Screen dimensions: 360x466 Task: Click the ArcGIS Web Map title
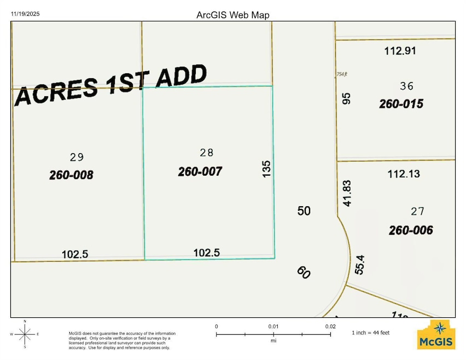point(233,15)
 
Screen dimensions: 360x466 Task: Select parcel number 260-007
point(200,172)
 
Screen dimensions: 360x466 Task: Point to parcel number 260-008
point(71,175)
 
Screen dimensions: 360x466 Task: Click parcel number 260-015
point(401,103)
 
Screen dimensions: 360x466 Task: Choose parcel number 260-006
point(411,230)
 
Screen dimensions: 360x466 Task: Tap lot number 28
point(206,153)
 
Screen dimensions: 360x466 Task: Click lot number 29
point(77,157)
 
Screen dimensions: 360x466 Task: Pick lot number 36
point(407,86)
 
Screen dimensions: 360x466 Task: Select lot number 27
point(417,211)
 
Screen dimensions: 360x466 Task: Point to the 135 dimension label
point(267,169)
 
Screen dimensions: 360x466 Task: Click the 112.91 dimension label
point(401,51)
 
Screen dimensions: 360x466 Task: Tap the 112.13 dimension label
point(404,174)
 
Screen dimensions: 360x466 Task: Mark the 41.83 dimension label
point(346,193)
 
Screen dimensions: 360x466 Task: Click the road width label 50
point(304,210)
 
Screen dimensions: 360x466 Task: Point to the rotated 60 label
point(304,272)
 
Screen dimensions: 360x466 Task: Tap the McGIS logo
point(435,335)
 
